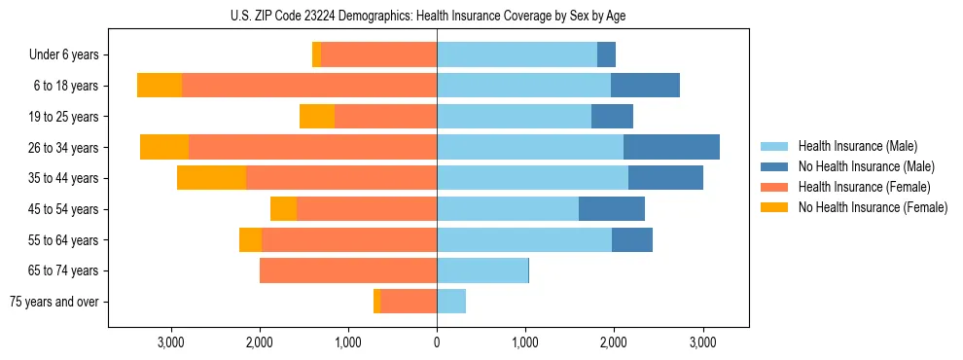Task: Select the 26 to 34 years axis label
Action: [64, 148]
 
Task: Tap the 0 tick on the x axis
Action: [437, 343]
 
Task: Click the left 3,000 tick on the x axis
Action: [170, 343]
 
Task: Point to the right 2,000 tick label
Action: [614, 343]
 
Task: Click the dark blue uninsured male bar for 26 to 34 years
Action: [671, 147]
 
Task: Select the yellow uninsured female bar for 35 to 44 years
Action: [211, 178]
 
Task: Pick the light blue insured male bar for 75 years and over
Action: [451, 302]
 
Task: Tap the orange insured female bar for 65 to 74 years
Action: [348, 270]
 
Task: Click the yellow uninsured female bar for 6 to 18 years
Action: [160, 86]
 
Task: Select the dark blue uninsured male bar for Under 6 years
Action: [606, 55]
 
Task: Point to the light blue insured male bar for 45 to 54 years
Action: [508, 209]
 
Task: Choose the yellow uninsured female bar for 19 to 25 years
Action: [317, 117]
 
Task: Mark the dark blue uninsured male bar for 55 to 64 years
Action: [632, 239]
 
